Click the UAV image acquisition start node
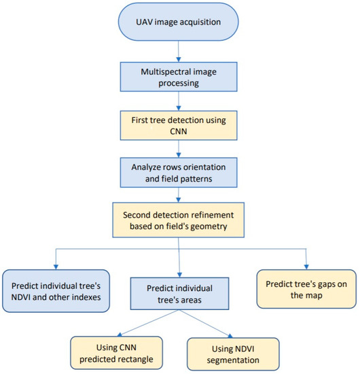[x=179, y=23]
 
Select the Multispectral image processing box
[x=179, y=73]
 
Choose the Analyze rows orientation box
[x=179, y=172]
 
